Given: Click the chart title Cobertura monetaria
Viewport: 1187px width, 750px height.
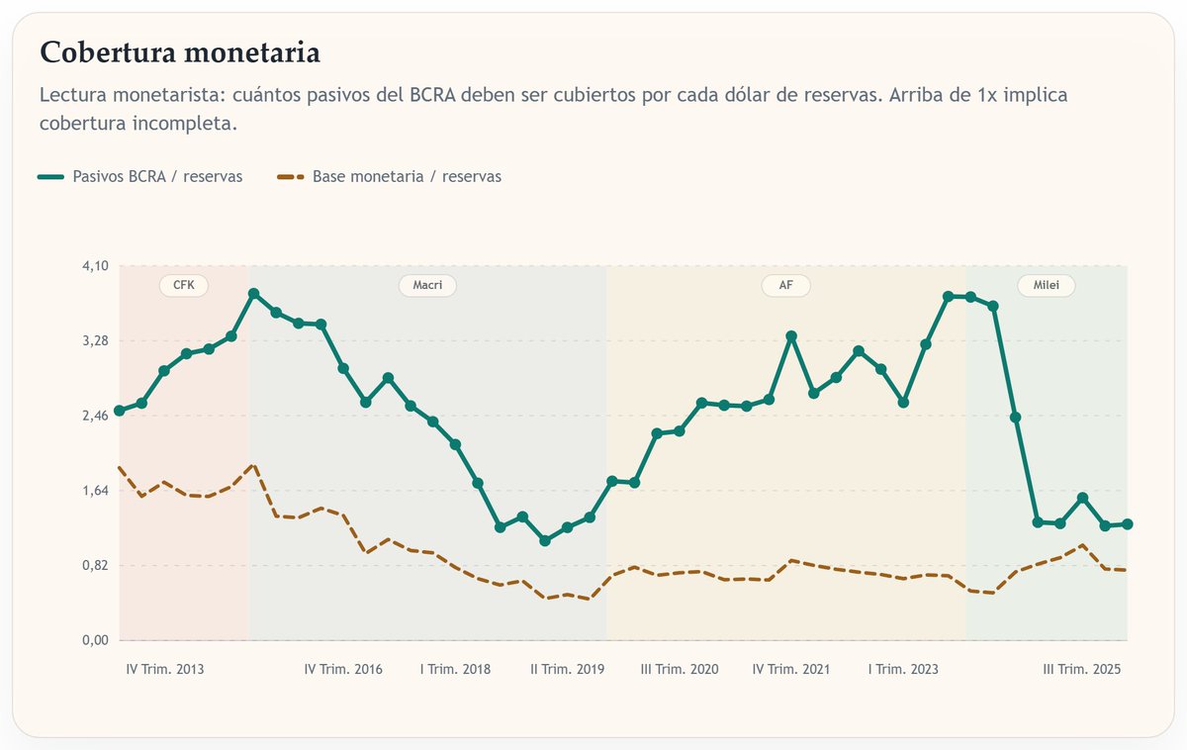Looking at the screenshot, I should click(x=179, y=52).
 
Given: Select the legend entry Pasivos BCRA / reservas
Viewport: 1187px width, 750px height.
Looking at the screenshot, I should click(x=157, y=176).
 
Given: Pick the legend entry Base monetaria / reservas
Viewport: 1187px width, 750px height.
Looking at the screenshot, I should click(x=407, y=176).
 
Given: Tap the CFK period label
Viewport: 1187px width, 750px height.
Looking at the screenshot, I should click(x=184, y=286).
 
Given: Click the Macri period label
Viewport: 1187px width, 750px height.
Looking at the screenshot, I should click(x=427, y=286).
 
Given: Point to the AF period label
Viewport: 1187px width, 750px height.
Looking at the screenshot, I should click(x=785, y=286).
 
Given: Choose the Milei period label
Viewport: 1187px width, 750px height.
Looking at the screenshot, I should click(x=1046, y=286).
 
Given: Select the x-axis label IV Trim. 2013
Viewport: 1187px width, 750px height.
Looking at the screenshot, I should click(x=165, y=670).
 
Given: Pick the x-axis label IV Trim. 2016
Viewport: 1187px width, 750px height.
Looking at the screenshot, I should click(x=343, y=670).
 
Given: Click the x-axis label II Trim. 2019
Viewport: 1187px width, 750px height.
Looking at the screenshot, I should click(x=567, y=670).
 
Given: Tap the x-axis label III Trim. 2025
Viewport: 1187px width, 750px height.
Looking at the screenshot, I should click(x=1082, y=670).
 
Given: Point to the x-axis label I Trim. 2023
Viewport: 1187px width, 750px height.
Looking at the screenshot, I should click(x=903, y=670).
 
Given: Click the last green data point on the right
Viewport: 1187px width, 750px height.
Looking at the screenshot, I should click(x=1127, y=524).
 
